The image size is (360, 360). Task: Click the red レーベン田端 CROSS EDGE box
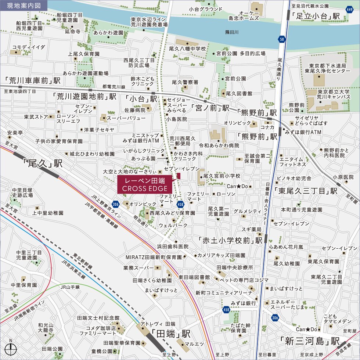[145, 185]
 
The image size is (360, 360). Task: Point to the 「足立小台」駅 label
[314, 16]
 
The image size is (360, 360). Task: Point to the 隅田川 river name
[232, 32]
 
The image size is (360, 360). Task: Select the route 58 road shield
[282, 38]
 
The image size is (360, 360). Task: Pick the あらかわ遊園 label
[108, 33]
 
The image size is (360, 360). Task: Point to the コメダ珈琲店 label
[101, 328]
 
